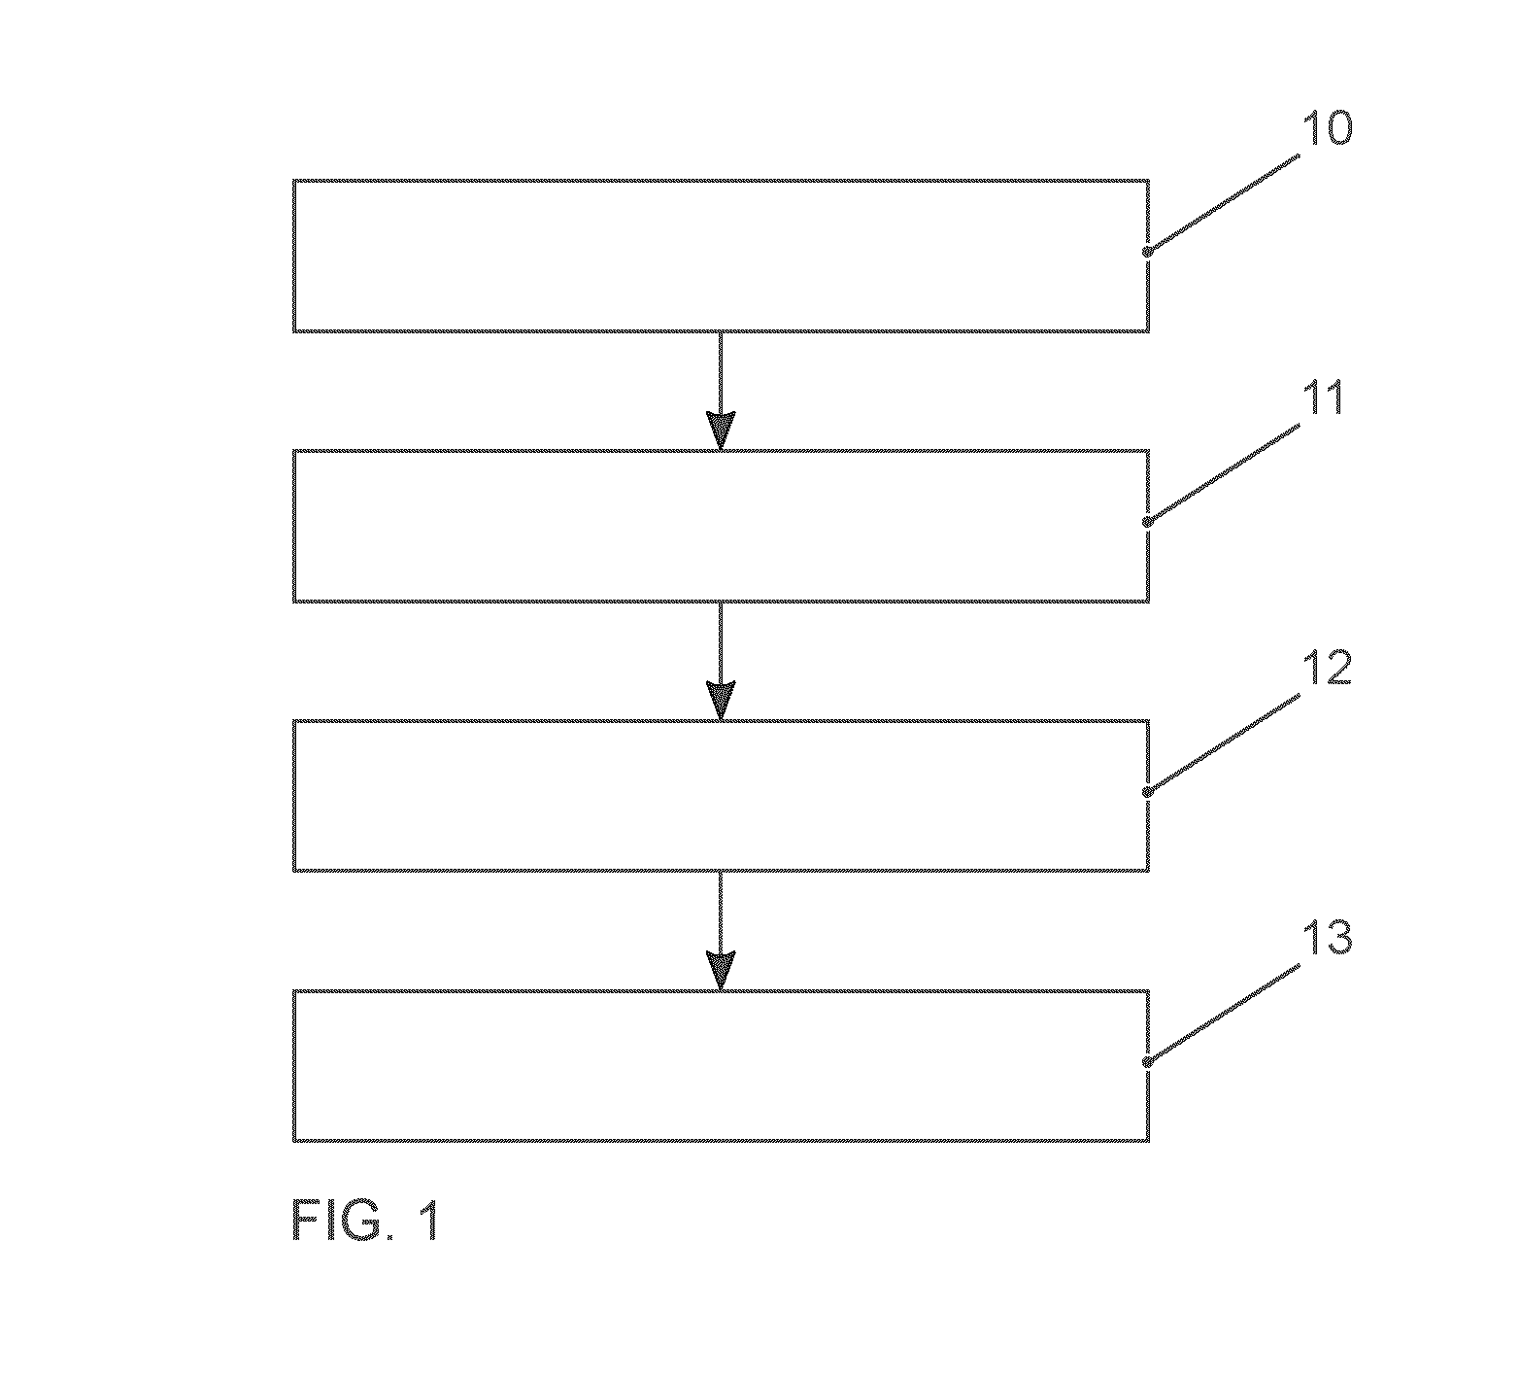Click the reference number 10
(1326, 128)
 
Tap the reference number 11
(1323, 398)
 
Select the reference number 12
(1326, 669)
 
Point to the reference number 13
(1326, 939)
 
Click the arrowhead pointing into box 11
(721, 431)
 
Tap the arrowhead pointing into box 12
(721, 702)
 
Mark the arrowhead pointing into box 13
(721, 972)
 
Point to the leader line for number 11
(1223, 474)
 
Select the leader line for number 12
(1223, 744)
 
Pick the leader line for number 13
(1223, 1015)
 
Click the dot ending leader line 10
(1147, 252)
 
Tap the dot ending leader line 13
(1147, 1062)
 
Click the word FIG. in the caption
(339, 1221)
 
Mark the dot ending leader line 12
(1147, 792)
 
